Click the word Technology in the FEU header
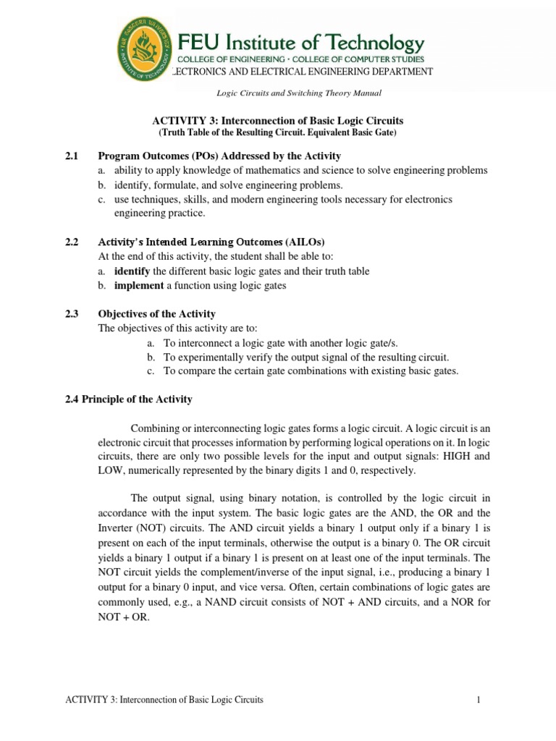(x=369, y=43)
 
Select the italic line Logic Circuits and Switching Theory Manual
(x=299, y=93)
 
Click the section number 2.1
(x=72, y=156)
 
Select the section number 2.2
(x=72, y=242)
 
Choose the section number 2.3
(x=72, y=313)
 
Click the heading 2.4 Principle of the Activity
(x=130, y=399)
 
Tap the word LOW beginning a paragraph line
(x=110, y=470)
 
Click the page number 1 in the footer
(x=479, y=700)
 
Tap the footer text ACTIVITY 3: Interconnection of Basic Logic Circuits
(x=164, y=700)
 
